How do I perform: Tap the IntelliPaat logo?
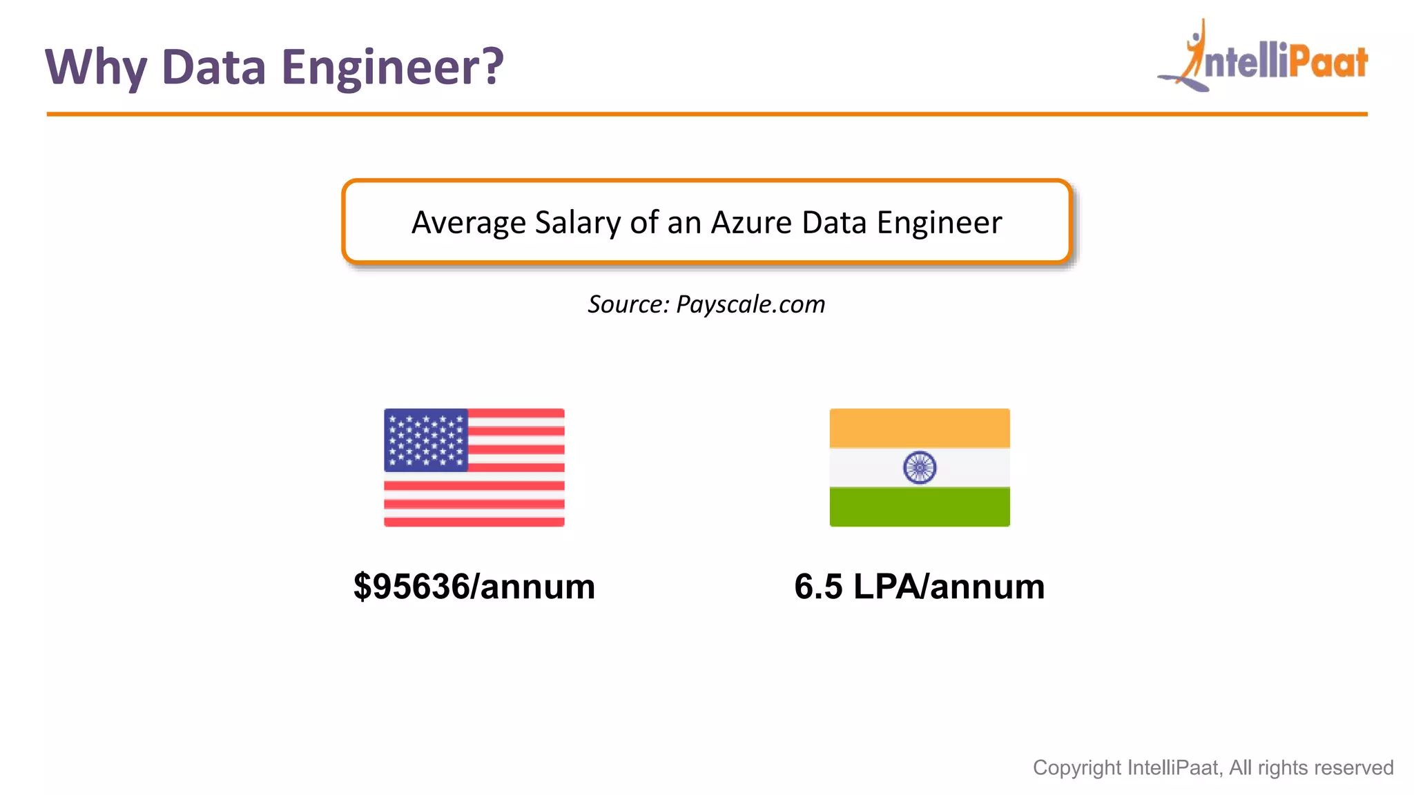1263,57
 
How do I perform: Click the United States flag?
474,467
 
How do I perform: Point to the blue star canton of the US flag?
426,440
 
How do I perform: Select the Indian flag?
920,467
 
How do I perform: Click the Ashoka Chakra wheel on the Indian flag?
920,467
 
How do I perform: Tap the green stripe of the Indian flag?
920,507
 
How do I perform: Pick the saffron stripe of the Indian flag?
920,428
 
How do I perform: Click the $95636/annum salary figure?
474,587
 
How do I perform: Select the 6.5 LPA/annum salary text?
920,587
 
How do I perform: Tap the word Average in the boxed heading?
469,222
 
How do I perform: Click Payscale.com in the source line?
750,304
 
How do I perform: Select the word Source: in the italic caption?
628,304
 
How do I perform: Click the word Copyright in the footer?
1076,767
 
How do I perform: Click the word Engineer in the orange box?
939,222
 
